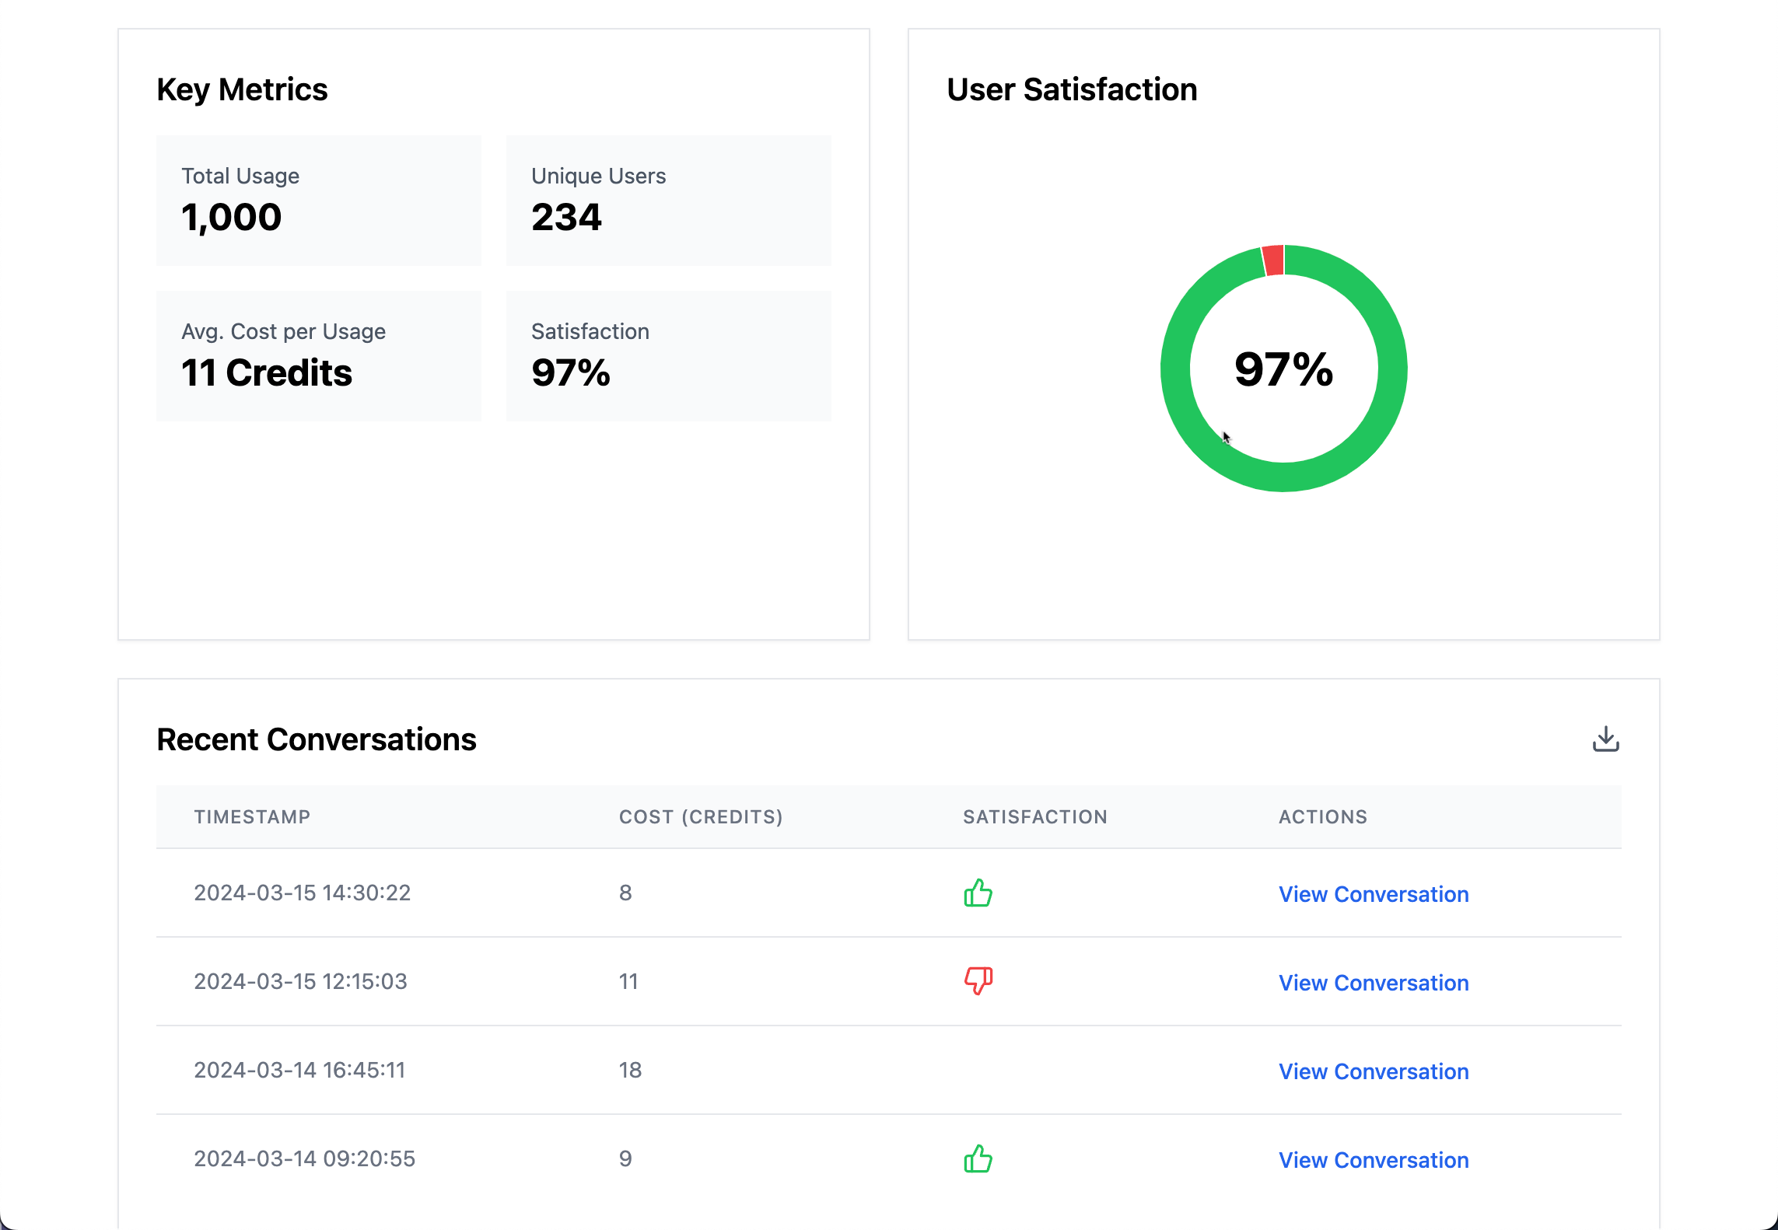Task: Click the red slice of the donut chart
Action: [1273, 260]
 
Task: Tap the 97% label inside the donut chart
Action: [1283, 369]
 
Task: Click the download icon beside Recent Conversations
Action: [1605, 739]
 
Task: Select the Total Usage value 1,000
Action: [232, 217]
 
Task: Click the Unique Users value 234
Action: [566, 217]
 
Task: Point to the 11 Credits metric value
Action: [267, 372]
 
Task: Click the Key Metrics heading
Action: [242, 89]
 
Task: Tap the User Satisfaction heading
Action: [1072, 89]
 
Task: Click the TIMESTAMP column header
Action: [252, 816]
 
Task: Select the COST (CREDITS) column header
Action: [701, 816]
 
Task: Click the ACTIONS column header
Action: [1323, 816]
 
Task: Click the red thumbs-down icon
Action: [978, 980]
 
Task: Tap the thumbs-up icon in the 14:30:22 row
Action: [978, 893]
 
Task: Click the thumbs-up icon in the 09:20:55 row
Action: [978, 1158]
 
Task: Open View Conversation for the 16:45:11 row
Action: [1374, 1071]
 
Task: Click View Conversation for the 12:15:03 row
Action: [1374, 983]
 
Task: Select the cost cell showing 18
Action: [630, 1070]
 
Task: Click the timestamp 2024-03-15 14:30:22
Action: [302, 893]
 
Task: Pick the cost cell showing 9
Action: [625, 1158]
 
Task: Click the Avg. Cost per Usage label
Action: [283, 331]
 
